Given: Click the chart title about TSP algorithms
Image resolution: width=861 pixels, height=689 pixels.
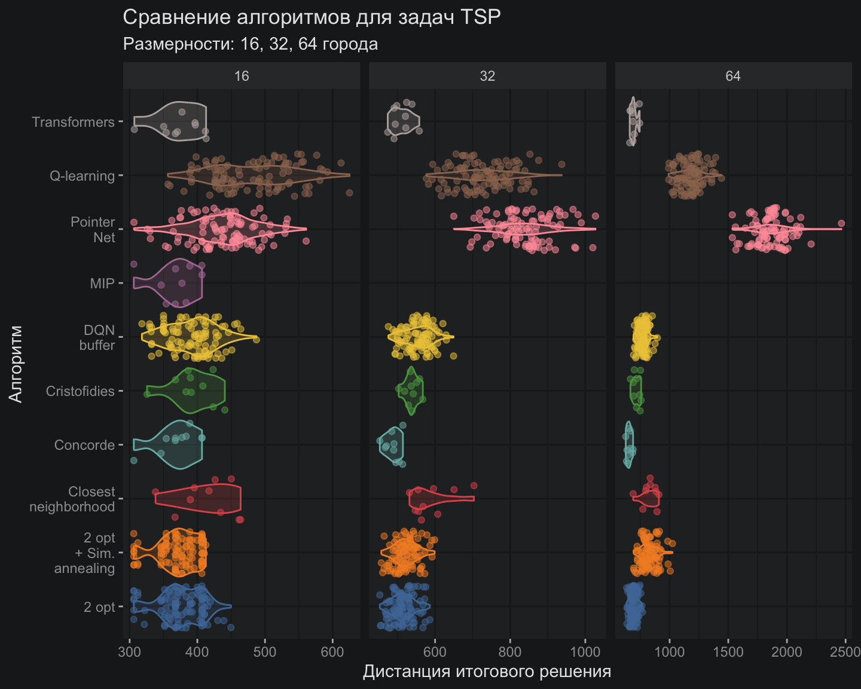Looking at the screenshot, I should [x=312, y=17].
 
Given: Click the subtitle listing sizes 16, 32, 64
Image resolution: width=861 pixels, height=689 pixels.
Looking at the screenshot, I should [x=250, y=44].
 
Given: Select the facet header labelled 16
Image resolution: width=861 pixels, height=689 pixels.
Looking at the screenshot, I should [x=242, y=76].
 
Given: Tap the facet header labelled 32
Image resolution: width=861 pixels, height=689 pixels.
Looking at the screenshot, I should [x=487, y=76].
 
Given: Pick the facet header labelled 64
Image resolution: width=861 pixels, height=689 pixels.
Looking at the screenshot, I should [x=733, y=76].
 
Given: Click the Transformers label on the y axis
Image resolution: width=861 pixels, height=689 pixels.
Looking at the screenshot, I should [x=73, y=122].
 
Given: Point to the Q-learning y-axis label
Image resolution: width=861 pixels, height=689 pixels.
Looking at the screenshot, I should [x=82, y=176].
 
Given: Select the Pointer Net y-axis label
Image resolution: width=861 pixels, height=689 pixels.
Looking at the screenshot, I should [x=93, y=230].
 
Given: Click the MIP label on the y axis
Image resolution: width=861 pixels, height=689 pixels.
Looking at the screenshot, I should [x=102, y=283].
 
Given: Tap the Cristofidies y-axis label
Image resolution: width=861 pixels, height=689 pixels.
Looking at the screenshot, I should [x=80, y=391].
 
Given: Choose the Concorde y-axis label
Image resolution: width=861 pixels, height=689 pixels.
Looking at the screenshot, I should [x=84, y=445].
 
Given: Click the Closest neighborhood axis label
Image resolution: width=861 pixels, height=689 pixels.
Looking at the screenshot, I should [x=72, y=499].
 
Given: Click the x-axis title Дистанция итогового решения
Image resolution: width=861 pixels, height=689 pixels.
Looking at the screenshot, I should [x=487, y=672].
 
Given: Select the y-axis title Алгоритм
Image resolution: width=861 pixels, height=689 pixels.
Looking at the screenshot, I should [x=16, y=364].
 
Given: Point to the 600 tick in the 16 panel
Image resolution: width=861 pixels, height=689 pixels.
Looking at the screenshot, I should [x=332, y=651].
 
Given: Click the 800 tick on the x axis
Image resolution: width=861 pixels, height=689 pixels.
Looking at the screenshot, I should [x=510, y=651].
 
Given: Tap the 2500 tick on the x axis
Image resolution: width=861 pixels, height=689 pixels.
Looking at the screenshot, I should [x=845, y=651].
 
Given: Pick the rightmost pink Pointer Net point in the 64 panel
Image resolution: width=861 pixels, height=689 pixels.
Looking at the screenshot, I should [x=841, y=224].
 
